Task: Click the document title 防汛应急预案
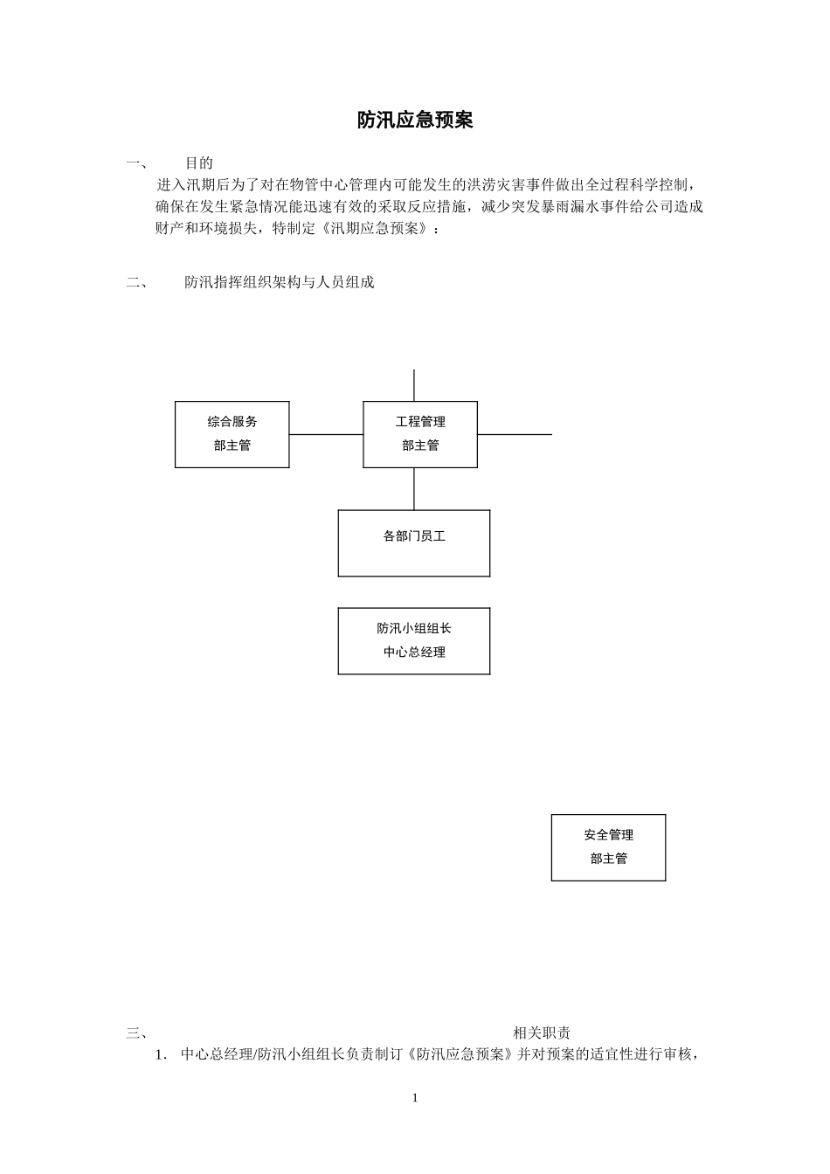415,121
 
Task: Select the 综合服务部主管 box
232,434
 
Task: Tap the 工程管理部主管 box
420,434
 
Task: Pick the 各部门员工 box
414,542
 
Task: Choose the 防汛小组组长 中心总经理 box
414,640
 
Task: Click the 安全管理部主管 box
608,847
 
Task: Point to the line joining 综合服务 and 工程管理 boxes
326,434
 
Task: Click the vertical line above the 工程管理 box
414,385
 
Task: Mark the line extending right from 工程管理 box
515,434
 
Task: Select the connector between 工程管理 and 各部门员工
414,488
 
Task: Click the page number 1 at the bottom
415,1098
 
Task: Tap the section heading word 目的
199,162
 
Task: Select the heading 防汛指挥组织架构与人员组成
279,282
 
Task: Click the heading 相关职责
542,1033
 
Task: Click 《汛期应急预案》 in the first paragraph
375,228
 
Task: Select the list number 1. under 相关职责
161,1054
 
